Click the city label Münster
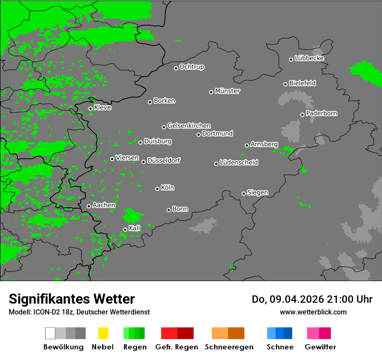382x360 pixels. tap(227, 91)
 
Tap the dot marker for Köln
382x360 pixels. tap(157, 189)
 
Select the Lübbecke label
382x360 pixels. tap(310, 58)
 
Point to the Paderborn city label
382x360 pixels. tap(322, 113)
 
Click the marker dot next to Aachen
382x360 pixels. tap(89, 206)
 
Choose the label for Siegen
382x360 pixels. tap(257, 193)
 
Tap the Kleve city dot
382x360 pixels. tap(90, 108)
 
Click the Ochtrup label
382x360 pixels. tap(192, 67)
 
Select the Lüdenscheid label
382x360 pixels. tap(239, 163)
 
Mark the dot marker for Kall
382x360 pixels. tap(125, 229)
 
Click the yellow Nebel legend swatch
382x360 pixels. tap(103, 333)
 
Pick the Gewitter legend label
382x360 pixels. tap(320, 347)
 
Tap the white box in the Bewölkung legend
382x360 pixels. tap(50, 333)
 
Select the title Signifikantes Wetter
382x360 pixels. tap(72, 299)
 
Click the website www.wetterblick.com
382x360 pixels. tap(313, 312)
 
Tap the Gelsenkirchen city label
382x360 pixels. tap(189, 126)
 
